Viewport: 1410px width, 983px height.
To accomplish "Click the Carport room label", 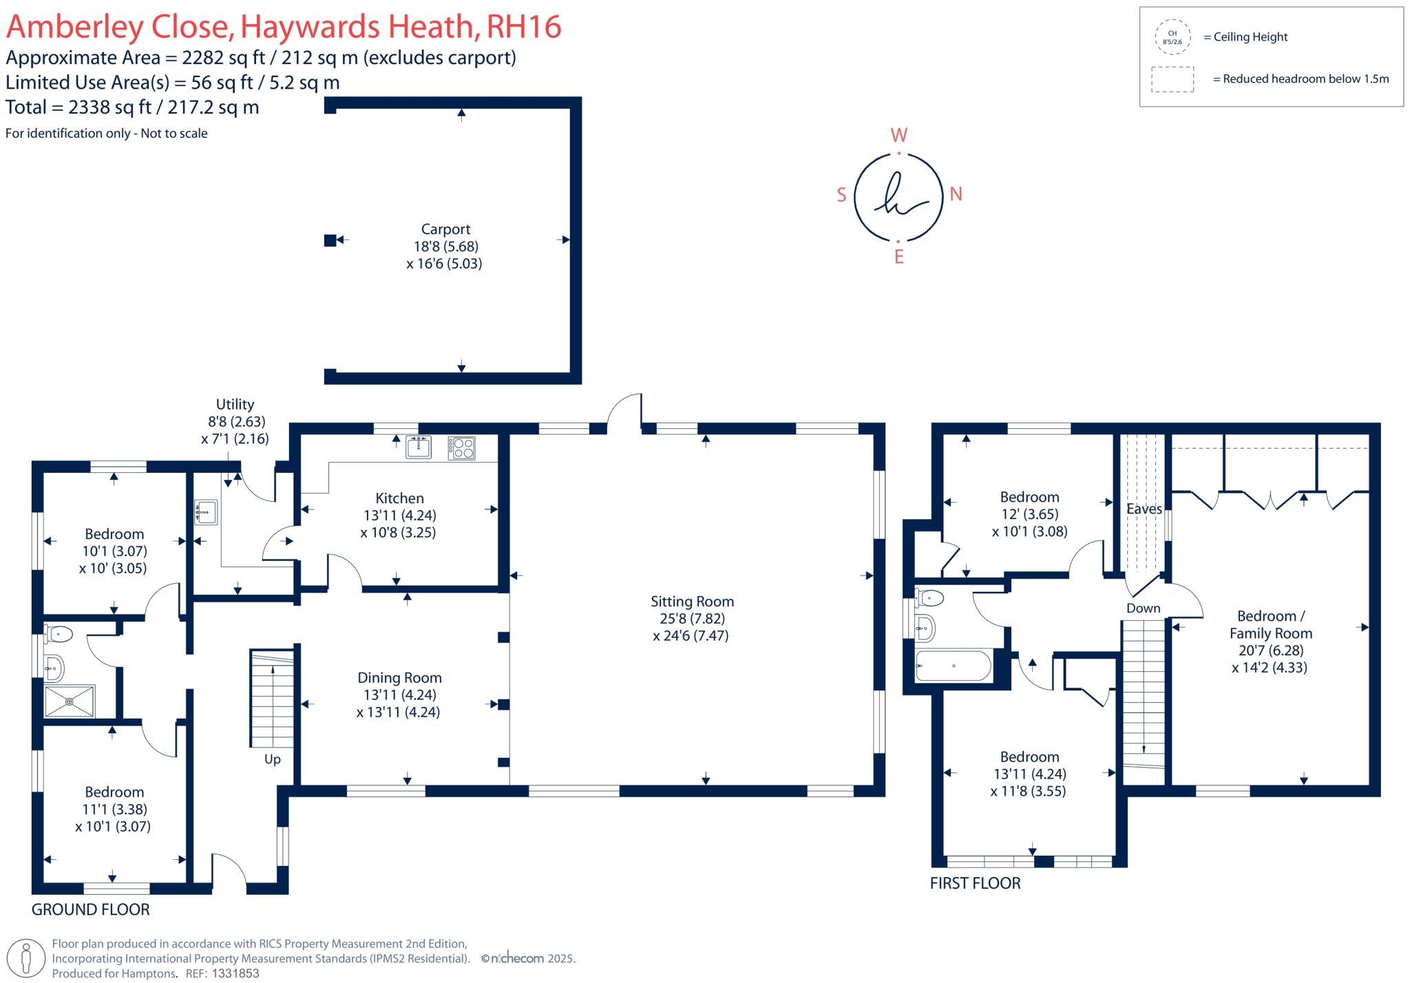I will click(445, 229).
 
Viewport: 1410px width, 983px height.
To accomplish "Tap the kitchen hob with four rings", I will click(461, 448).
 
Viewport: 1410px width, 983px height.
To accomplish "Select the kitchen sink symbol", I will click(419, 447).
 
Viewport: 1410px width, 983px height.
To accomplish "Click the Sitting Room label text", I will click(692, 602).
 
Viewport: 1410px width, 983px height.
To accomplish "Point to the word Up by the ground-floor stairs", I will click(273, 759).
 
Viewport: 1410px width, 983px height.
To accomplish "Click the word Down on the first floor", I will click(1143, 609).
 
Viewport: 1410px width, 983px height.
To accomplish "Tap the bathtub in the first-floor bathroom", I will click(953, 666).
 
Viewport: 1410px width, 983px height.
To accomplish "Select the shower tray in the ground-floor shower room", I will click(70, 701).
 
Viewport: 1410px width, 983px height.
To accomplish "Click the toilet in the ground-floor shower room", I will click(59, 633).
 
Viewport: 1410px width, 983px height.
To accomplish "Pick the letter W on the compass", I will click(899, 135).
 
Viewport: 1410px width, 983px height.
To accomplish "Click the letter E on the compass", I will click(898, 257).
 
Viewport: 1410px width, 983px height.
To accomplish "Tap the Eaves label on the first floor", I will click(1144, 509).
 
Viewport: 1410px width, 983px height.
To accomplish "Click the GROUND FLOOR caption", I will click(90, 909).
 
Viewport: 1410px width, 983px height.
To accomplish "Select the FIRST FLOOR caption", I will click(975, 883).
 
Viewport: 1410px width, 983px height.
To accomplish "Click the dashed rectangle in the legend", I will click(1172, 79).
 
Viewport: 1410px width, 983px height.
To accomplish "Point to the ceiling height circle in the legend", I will click(1172, 37).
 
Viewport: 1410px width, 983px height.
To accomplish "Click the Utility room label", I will click(235, 405).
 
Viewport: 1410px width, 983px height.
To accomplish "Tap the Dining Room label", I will click(399, 678).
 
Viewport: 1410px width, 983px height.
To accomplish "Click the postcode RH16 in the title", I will click(523, 27).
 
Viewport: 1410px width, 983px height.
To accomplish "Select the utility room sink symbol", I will click(206, 512).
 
